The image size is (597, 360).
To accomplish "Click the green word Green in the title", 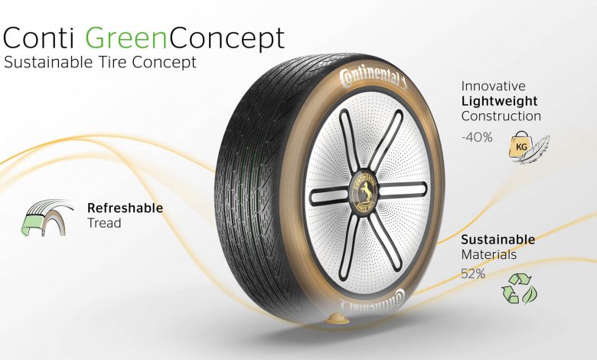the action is click(127, 38).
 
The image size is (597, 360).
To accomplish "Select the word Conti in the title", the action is click(38, 38).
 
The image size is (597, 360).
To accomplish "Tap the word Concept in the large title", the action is click(227, 39).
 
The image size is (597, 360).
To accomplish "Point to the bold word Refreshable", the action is click(125, 208).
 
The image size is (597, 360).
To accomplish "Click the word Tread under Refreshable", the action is click(104, 223).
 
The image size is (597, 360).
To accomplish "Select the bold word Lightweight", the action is click(499, 101).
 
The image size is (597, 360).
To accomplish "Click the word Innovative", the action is click(493, 86).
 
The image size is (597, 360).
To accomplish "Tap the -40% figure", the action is click(477, 137).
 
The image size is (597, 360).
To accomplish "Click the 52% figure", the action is click(473, 273).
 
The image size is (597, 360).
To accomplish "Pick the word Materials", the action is click(488, 254).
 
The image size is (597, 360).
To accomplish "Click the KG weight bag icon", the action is click(521, 145).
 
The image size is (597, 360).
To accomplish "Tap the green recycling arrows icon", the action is click(519, 289).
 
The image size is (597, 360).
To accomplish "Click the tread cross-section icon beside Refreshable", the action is click(47, 218).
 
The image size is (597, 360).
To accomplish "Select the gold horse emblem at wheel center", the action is click(365, 194).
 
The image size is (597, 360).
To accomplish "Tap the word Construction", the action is click(501, 116).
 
